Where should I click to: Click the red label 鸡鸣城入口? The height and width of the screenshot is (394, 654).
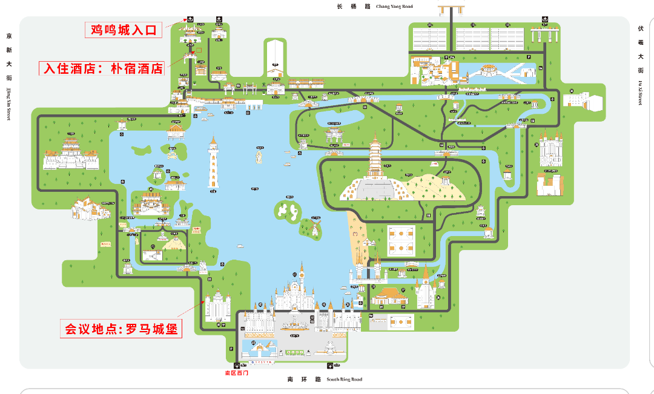pyautogui.click(x=124, y=29)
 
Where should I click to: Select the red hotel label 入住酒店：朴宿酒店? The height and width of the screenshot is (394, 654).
pyautogui.click(x=102, y=68)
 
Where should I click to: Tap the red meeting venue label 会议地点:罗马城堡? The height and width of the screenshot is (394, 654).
pyautogui.click(x=122, y=330)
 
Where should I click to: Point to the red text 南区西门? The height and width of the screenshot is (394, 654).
pyautogui.click(x=236, y=373)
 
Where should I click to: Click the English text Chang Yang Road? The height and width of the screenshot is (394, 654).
pyautogui.click(x=394, y=7)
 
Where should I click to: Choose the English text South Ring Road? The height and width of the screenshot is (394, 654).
pyautogui.click(x=345, y=379)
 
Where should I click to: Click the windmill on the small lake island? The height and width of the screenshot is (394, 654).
pyautogui.click(x=314, y=228)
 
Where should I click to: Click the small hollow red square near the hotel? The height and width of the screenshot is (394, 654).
pyautogui.click(x=198, y=50)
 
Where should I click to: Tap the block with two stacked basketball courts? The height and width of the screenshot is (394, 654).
pyautogui.click(x=401, y=238)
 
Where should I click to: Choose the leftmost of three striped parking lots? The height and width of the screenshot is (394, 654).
pyautogui.click(x=429, y=38)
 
